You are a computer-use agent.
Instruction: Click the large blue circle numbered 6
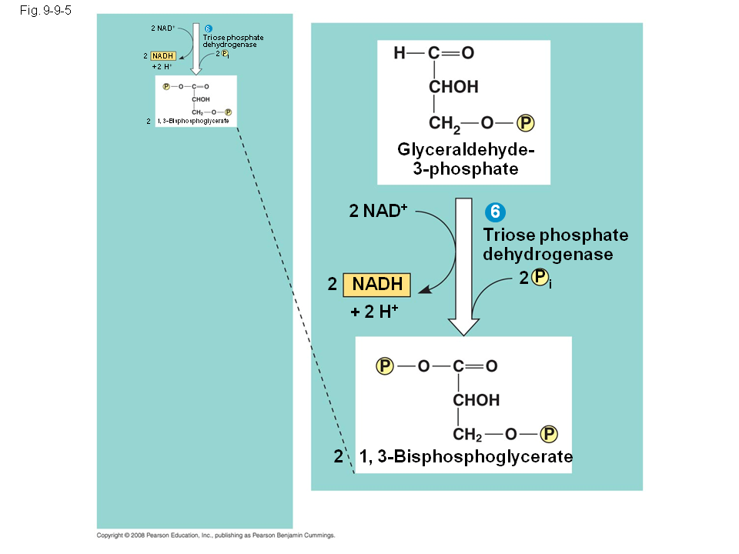497,212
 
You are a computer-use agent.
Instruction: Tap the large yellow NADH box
377,284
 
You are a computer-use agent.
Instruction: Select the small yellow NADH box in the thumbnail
162,56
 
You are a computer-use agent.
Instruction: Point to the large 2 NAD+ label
377,211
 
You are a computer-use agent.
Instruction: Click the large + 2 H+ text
374,312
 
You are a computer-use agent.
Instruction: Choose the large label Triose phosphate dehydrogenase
555,244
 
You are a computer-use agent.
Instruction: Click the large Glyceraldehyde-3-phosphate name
464,159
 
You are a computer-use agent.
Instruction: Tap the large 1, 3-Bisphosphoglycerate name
466,457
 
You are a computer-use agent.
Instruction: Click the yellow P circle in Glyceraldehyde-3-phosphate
525,123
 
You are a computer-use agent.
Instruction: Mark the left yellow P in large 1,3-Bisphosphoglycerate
385,365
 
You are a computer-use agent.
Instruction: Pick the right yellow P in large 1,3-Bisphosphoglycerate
549,434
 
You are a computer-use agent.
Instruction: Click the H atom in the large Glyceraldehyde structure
399,53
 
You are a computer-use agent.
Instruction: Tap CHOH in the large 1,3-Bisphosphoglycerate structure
476,400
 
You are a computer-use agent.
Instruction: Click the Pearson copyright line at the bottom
216,536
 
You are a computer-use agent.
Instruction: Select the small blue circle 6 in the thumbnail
208,29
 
